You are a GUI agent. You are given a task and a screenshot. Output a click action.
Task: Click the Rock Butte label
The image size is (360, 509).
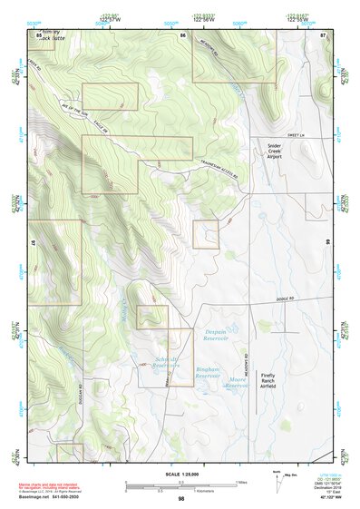48,38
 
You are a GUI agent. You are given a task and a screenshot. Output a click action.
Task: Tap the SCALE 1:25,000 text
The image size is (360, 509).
180,475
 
